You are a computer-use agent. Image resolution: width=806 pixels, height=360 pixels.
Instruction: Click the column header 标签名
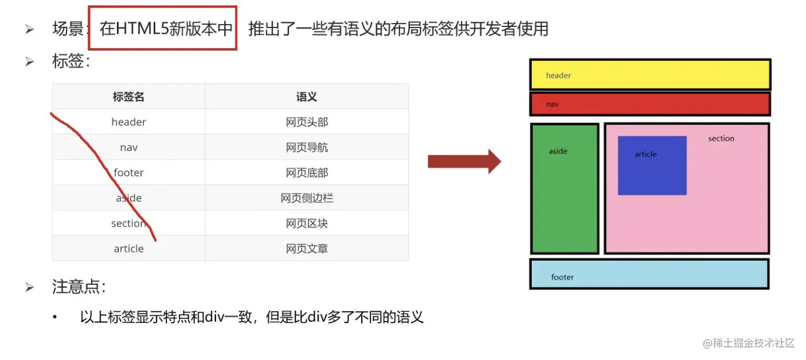[x=128, y=97]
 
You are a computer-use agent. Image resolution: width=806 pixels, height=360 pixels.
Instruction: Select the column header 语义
[x=307, y=97]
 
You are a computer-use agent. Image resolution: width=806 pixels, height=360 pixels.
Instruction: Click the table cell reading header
[x=128, y=122]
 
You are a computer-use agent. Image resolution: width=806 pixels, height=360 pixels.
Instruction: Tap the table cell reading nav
[x=128, y=147]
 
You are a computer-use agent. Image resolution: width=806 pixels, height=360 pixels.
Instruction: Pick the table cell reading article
[x=128, y=249]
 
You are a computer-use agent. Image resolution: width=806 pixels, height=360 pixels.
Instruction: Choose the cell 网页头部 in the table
[x=307, y=122]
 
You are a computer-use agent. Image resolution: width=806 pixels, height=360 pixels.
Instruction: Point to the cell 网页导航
[x=307, y=147]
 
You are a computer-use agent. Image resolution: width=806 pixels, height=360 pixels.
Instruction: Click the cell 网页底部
[x=307, y=173]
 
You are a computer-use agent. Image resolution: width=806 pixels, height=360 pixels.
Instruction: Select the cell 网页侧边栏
[x=307, y=198]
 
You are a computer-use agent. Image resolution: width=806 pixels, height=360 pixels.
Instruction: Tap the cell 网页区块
[x=307, y=224]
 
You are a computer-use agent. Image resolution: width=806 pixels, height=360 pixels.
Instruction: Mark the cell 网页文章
[x=307, y=249]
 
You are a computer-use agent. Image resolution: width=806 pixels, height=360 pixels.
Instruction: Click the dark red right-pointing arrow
[x=464, y=162]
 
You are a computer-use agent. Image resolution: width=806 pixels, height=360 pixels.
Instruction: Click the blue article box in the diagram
[x=652, y=166]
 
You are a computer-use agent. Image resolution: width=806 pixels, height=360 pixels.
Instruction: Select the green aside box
[x=565, y=189]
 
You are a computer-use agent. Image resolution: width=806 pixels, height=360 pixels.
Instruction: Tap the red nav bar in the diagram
[x=650, y=104]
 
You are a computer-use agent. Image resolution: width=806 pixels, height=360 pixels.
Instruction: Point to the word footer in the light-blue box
[x=562, y=277]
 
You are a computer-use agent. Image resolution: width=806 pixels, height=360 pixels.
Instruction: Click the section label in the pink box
[x=721, y=139]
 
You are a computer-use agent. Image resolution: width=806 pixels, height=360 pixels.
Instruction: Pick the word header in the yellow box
[x=558, y=76]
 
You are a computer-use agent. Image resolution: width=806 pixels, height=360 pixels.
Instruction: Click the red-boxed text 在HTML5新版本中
[x=166, y=29]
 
